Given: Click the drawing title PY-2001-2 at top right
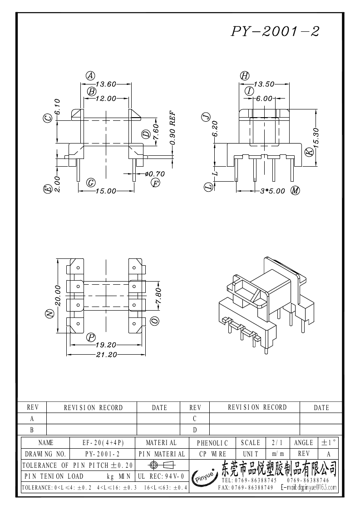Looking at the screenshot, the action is click(x=275, y=31).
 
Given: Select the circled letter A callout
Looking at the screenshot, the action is click(x=90, y=76).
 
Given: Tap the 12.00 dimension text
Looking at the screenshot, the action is click(x=106, y=98).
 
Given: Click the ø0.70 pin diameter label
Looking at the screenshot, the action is click(x=155, y=173).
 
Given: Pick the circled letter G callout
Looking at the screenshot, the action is click(x=91, y=183).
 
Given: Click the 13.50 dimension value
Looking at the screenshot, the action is click(x=264, y=84).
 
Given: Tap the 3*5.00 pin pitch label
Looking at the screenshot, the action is click(x=272, y=191).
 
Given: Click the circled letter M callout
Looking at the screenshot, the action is click(x=295, y=191).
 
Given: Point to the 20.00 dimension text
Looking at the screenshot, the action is click(x=58, y=296).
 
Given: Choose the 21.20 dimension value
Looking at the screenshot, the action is click(x=106, y=355).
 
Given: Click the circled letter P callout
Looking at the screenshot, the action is click(x=91, y=337).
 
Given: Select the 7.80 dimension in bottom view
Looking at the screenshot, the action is click(x=159, y=296).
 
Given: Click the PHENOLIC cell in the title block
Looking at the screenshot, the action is click(x=212, y=443).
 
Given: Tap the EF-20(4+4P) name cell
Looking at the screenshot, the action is click(x=103, y=443).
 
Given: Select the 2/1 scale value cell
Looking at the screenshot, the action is click(x=277, y=443).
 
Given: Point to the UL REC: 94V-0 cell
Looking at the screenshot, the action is click(x=161, y=476).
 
